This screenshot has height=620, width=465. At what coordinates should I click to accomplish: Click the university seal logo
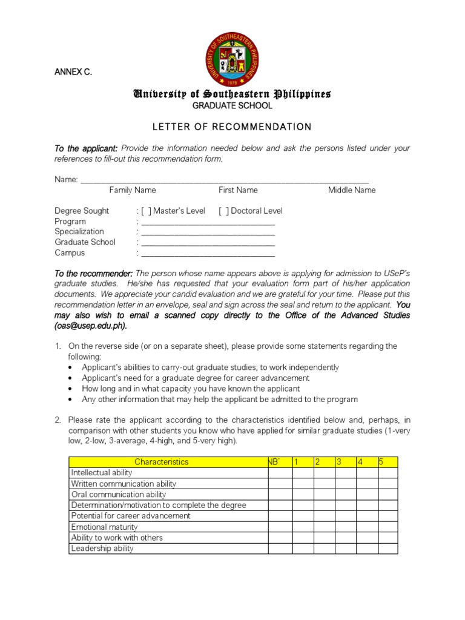[x=232, y=59]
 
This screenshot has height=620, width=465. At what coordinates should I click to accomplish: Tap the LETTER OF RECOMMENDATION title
[x=232, y=127]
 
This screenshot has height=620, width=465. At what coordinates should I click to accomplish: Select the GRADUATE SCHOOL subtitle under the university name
[x=232, y=106]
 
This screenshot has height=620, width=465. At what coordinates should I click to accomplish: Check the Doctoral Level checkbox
[x=223, y=211]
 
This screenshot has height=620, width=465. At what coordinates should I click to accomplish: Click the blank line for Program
[x=207, y=222]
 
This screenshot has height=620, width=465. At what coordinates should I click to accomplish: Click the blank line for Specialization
[x=207, y=232]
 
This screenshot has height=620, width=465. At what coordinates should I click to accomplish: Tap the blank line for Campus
[x=207, y=253]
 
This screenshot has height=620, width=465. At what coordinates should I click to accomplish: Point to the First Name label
[x=238, y=190]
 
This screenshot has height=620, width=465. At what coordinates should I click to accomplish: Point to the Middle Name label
[x=352, y=190]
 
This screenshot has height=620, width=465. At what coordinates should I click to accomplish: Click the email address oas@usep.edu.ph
[x=91, y=326]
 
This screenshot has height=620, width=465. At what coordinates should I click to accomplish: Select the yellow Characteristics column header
[x=161, y=462]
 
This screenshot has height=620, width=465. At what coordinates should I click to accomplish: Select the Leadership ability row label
[x=102, y=549]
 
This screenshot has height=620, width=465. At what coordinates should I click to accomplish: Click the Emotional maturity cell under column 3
[x=345, y=527]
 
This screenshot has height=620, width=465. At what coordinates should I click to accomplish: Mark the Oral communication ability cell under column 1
[x=303, y=495]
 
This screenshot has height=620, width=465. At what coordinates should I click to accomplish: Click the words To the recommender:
[x=93, y=274]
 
